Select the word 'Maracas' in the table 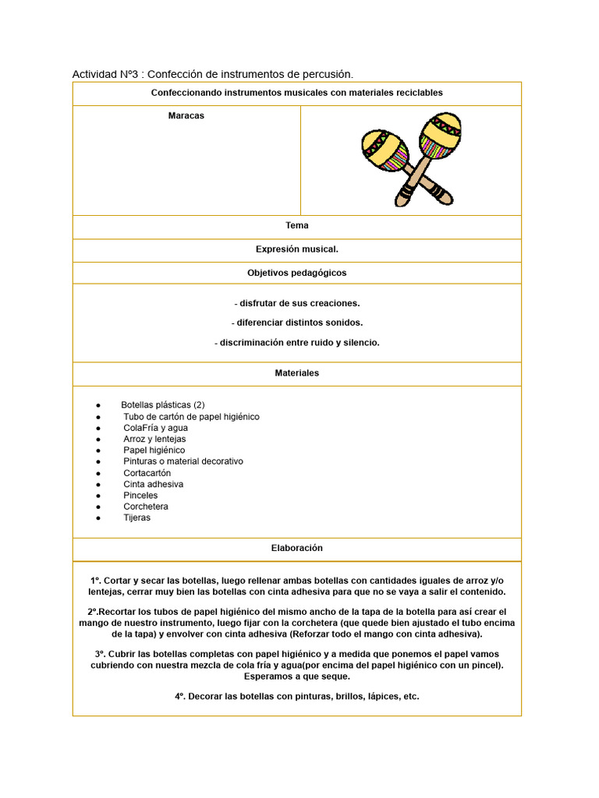[x=186, y=116]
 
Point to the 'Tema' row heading [x=297, y=226]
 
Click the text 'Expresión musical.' [x=297, y=249]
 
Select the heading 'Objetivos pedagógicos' [x=297, y=274]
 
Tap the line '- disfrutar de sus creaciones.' [x=297, y=303]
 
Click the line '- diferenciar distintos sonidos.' [x=297, y=323]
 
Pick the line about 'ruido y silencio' [x=297, y=343]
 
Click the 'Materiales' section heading [x=297, y=373]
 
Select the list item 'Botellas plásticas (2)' [x=163, y=405]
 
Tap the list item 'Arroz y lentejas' [x=154, y=440]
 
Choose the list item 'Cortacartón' [x=147, y=473]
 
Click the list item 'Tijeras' [x=137, y=518]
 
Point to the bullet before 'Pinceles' [x=98, y=496]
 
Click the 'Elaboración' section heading [x=297, y=549]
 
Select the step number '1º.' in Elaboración [x=96, y=581]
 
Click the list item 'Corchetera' [x=146, y=507]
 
